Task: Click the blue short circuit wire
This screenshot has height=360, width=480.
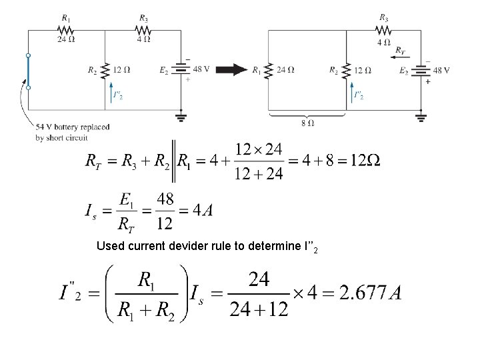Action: [28, 71]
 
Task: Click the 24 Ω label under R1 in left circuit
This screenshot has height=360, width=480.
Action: [65, 39]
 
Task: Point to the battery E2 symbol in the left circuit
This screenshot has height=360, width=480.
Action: [181, 69]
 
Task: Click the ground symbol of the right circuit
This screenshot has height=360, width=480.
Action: [421, 118]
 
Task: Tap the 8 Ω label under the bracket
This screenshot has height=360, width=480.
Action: [307, 123]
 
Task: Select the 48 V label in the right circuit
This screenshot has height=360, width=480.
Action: [441, 70]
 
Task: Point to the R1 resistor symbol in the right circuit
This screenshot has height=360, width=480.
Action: [268, 70]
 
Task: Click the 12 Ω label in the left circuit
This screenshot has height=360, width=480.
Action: [121, 69]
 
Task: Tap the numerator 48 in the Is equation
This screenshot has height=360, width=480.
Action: [165, 199]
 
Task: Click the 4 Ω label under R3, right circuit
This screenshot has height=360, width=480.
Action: [384, 41]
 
